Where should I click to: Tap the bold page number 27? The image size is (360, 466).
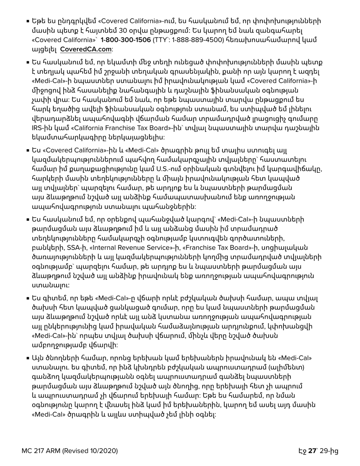(x=312, y=451)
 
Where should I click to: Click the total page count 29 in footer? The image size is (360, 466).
(x=324, y=451)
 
